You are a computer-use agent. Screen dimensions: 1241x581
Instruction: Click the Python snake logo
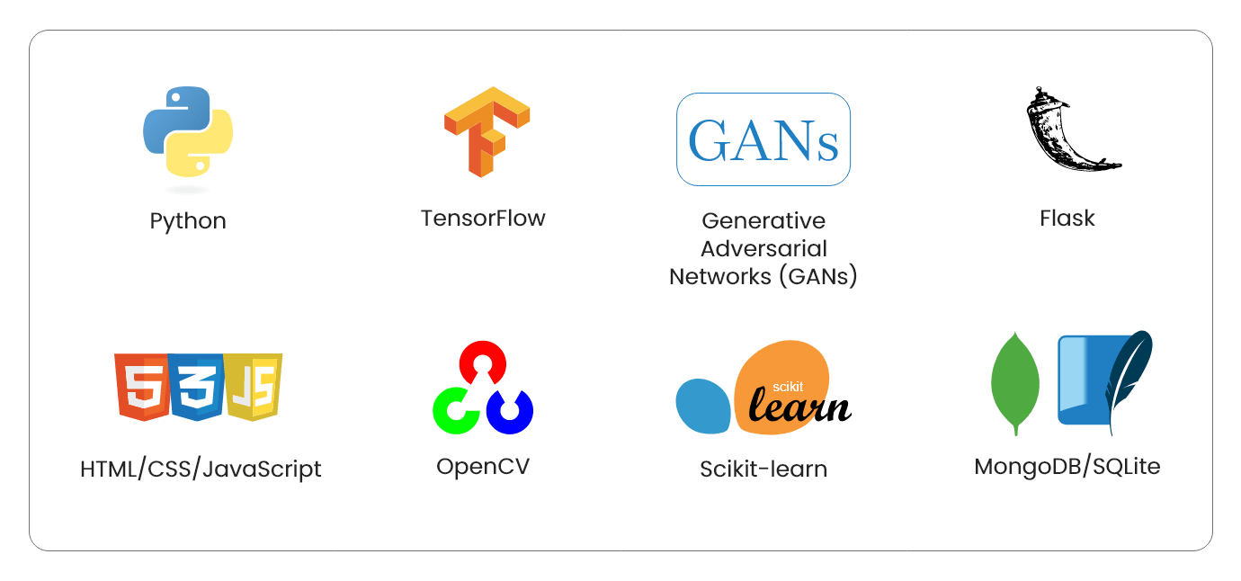click(x=188, y=131)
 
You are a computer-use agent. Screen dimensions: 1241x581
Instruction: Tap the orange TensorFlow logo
click(x=487, y=132)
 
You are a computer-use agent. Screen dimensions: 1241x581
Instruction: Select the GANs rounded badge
click(x=763, y=139)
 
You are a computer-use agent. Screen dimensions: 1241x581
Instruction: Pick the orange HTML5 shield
click(x=142, y=387)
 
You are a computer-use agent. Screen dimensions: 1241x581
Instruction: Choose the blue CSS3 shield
click(x=196, y=387)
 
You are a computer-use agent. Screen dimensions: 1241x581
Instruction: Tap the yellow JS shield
click(x=254, y=387)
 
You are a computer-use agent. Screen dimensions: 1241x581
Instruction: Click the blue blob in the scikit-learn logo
click(x=703, y=406)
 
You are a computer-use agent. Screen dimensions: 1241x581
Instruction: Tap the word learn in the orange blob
click(x=799, y=406)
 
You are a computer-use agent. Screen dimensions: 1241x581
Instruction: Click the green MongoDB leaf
click(x=1015, y=383)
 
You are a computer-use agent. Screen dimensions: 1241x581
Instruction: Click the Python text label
click(x=188, y=221)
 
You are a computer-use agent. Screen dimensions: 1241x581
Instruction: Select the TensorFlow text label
click(x=483, y=219)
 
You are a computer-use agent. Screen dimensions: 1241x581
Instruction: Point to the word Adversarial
click(x=763, y=249)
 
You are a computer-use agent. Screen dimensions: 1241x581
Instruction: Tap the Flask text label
click(x=1067, y=219)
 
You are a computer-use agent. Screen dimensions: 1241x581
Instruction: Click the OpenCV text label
click(x=483, y=467)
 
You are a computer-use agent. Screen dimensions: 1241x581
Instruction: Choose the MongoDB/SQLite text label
click(x=1067, y=467)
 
